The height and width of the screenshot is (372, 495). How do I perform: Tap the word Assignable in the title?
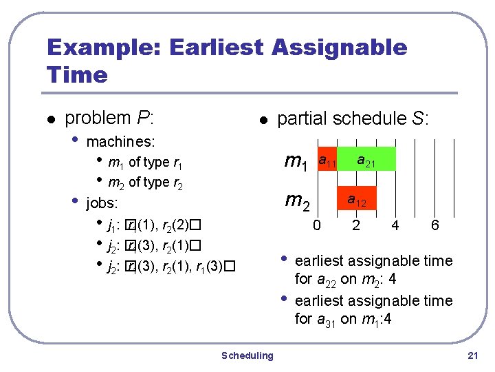pyautogui.click(x=340, y=48)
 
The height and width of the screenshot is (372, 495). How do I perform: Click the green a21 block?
pyautogui.click(x=366, y=158)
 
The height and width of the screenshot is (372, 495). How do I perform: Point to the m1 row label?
pyautogui.click(x=296, y=162)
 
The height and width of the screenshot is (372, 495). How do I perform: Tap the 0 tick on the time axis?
pyautogui.click(x=317, y=225)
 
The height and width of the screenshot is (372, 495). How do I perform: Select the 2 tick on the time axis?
pyautogui.click(x=356, y=225)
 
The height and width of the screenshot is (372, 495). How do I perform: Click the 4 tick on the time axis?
pyautogui.click(x=395, y=225)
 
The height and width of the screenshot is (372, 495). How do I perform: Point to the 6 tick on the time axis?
pyautogui.click(x=434, y=225)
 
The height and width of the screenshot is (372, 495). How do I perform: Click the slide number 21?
pyautogui.click(x=472, y=355)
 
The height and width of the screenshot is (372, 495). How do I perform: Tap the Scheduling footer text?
pyautogui.click(x=247, y=355)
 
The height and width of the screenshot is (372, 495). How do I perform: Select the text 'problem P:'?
pyautogui.click(x=109, y=118)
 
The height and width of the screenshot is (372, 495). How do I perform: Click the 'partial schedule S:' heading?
pyautogui.click(x=353, y=118)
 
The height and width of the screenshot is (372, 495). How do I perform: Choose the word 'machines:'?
pyautogui.click(x=121, y=142)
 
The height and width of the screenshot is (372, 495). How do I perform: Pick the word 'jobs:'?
pyautogui.click(x=102, y=204)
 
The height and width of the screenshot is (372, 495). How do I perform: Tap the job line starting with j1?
pyautogui.click(x=153, y=225)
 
